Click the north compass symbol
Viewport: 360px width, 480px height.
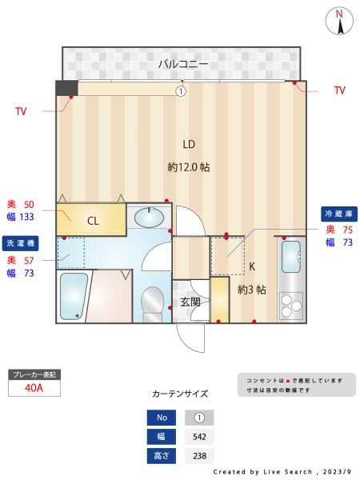pos(340,21)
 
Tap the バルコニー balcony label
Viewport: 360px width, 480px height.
pos(183,63)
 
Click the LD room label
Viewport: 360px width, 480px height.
pos(189,145)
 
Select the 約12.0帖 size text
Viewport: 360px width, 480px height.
pos(189,167)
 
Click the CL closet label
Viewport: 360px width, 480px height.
pos(93,221)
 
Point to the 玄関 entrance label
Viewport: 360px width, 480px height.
pos(190,302)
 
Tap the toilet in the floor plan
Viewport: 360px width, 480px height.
pos(152,302)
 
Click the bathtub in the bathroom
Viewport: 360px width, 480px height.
pos(74,295)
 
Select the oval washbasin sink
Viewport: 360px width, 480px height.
pos(148,216)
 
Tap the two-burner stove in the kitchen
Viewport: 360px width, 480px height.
pos(290,305)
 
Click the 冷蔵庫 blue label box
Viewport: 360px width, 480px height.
pos(338,214)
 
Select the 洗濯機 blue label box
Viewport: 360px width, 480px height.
pos(21,242)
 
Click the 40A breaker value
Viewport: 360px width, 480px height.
pos(34,388)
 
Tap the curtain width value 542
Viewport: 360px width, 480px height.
pos(199,437)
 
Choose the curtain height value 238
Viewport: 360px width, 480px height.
pos(199,456)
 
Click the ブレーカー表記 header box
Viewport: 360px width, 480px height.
pos(34,374)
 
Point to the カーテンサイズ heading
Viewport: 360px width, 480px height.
pos(180,394)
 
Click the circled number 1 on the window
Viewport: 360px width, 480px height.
pos(181,91)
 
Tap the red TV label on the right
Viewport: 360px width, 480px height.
pos(340,90)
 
